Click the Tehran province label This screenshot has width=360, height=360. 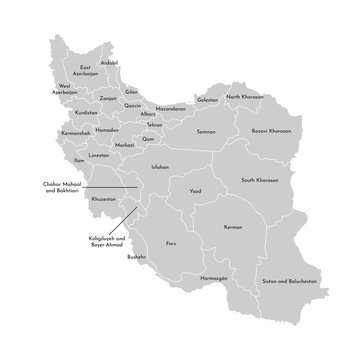coord(154,125)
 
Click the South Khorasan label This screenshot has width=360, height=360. coord(259,180)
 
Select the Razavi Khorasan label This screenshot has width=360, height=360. coord(270,130)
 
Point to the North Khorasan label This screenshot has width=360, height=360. coord(245,97)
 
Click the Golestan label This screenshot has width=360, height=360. coord(207,99)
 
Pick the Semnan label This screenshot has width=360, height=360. coord(207,131)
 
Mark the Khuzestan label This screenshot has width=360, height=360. coord(103,199)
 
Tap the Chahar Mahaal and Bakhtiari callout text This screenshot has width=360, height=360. coord(62,186)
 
